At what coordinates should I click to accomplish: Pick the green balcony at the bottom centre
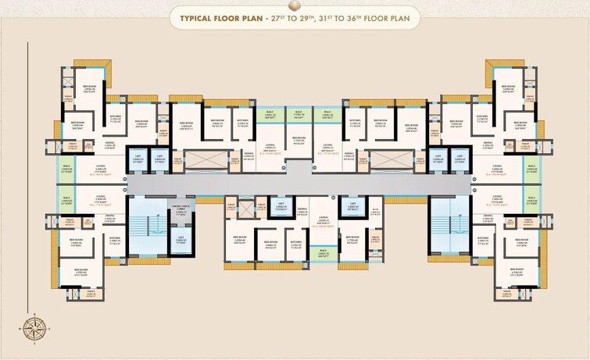pos(323,252)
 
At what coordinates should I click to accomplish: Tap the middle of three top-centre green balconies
pos(299,115)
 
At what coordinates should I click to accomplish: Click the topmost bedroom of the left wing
pos(88,91)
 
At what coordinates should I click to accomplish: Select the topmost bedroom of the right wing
pos(508,91)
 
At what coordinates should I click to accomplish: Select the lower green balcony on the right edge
pos(531,199)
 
